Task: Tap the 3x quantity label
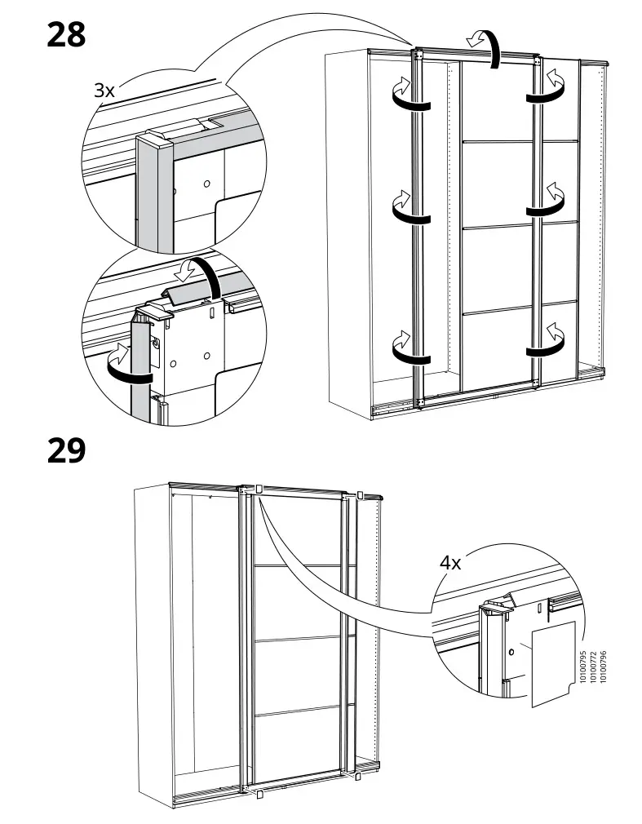(x=104, y=91)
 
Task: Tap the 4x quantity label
(x=451, y=562)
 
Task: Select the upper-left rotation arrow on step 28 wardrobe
(x=407, y=93)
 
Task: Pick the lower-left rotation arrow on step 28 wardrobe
(x=407, y=347)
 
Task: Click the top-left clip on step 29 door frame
(x=258, y=489)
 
